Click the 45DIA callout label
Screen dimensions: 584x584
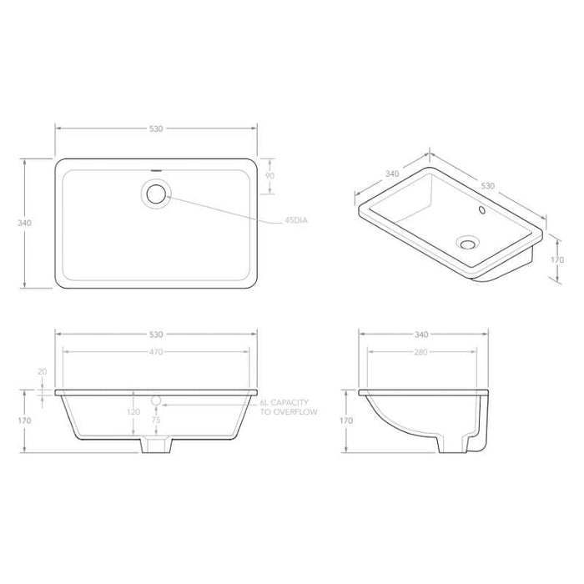(x=297, y=221)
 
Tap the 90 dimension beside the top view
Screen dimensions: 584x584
(x=269, y=177)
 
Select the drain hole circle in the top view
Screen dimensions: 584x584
(x=156, y=194)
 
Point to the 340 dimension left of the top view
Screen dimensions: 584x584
(x=24, y=223)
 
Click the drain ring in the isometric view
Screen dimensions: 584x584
(x=467, y=244)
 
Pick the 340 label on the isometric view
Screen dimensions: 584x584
(x=390, y=174)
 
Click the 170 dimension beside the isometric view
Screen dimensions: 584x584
(x=558, y=259)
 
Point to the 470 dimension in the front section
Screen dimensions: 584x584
(x=156, y=351)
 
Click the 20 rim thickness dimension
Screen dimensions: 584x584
(x=42, y=373)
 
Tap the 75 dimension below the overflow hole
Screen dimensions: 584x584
(x=155, y=421)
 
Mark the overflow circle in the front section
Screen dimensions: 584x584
(x=155, y=400)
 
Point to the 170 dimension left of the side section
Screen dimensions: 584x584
(x=346, y=421)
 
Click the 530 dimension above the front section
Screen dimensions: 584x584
(x=156, y=335)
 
